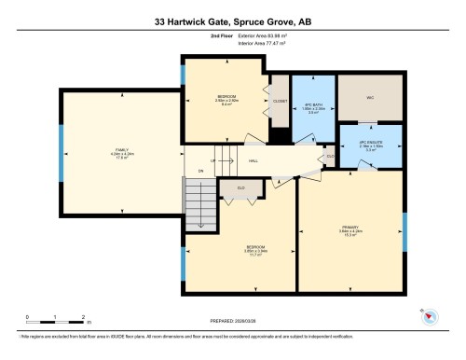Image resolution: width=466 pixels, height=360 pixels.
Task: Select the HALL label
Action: tap(254, 159)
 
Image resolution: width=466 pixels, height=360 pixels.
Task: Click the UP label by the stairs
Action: tap(212, 159)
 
